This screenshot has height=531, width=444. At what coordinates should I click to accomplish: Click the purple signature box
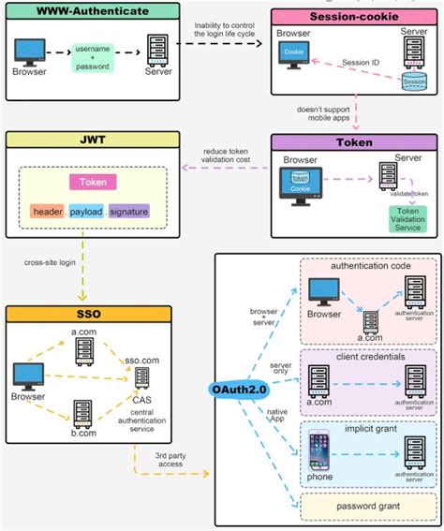pyautogui.click(x=128, y=212)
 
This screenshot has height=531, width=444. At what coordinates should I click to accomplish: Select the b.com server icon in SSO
pyautogui.click(x=84, y=412)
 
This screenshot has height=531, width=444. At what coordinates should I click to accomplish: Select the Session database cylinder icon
pyautogui.click(x=413, y=81)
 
